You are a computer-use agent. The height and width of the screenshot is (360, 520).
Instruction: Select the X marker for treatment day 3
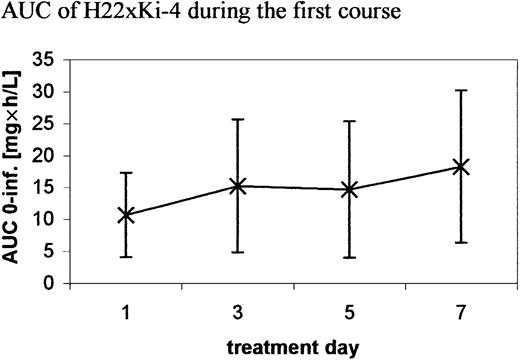click(x=238, y=186)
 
